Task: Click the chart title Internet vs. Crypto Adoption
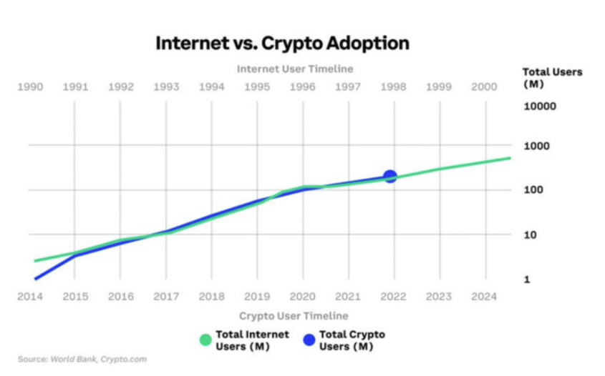(283, 43)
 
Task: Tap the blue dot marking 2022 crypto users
(389, 177)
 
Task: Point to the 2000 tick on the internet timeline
(485, 86)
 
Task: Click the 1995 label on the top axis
(257, 86)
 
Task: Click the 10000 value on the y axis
(541, 107)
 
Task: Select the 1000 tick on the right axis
(538, 146)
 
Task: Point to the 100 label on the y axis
(535, 190)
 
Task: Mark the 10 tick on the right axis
(532, 234)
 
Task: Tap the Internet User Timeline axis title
(295, 69)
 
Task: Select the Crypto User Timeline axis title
(294, 315)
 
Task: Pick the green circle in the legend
(206, 340)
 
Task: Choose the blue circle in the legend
(309, 340)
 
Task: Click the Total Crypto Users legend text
(352, 340)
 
